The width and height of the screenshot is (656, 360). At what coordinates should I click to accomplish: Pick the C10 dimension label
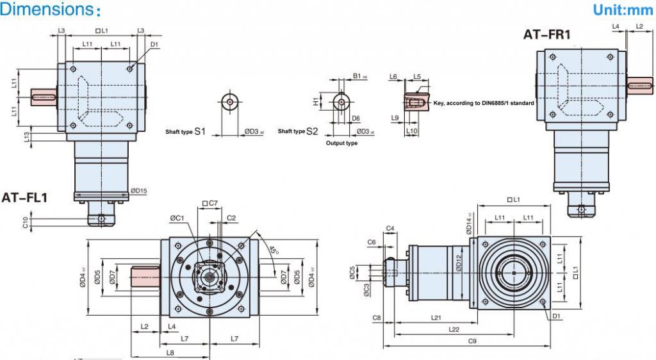(x=25, y=222)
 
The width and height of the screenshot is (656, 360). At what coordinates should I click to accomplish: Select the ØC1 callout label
(x=177, y=218)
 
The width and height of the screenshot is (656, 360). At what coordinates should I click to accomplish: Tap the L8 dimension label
(x=170, y=352)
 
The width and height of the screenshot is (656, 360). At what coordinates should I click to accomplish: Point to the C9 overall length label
(x=472, y=341)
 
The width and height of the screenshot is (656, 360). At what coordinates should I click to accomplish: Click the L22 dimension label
(x=454, y=329)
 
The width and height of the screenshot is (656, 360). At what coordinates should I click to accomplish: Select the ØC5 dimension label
(x=352, y=272)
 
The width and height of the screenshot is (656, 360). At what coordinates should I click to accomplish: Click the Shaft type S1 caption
(x=185, y=131)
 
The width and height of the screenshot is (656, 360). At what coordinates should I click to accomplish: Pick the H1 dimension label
(x=316, y=101)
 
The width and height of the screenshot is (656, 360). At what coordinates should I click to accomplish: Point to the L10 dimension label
(x=413, y=131)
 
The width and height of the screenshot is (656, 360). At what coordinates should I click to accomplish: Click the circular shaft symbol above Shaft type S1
(x=229, y=101)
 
